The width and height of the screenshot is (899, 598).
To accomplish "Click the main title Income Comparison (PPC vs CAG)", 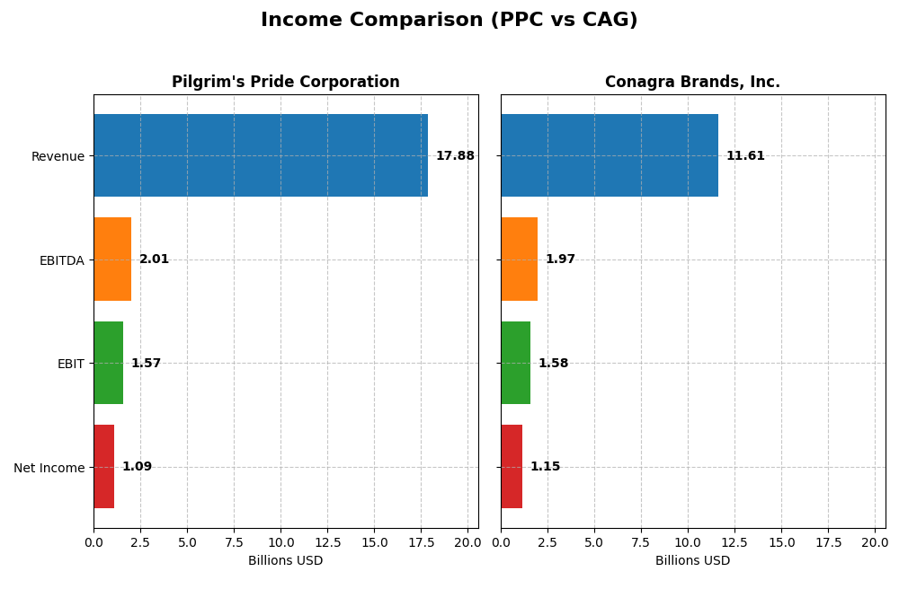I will (449, 20).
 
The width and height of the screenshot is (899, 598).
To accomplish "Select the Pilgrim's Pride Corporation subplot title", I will (285, 83).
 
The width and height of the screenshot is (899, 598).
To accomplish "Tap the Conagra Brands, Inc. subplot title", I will (692, 83).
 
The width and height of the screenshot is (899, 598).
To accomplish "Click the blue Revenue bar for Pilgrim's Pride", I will (261, 155).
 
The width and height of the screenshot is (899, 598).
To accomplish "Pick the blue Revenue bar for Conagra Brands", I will (610, 155).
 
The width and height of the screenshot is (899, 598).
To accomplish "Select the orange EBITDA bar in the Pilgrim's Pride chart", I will (112, 259).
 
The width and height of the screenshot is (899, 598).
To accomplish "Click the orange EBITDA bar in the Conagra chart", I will (519, 259).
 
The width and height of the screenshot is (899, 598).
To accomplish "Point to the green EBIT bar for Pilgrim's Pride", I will (108, 363).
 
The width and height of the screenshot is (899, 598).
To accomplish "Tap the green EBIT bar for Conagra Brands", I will (515, 363).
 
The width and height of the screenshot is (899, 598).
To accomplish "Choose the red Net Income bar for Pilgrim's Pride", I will (103, 467).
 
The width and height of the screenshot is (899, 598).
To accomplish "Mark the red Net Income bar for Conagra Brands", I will (512, 467).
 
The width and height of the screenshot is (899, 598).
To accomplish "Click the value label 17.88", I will (455, 156).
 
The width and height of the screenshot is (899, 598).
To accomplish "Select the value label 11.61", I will (745, 156).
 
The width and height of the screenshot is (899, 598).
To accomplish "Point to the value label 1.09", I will (137, 467).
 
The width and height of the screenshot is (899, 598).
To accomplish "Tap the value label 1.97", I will (560, 259).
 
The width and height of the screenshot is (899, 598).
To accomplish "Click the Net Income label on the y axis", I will (49, 468).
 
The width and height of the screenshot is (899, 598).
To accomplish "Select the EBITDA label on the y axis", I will (62, 260).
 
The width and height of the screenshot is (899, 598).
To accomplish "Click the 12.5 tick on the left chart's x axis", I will (327, 542).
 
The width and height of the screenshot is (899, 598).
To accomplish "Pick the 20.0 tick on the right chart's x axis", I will (875, 542).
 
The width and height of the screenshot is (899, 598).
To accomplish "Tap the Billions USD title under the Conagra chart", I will (692, 561).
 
